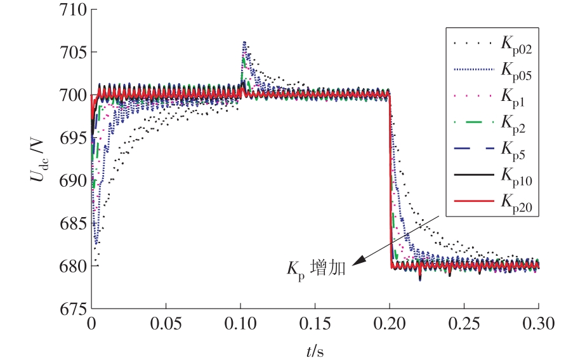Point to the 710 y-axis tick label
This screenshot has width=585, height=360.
point(71,10)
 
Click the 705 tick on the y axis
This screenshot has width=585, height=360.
point(71,53)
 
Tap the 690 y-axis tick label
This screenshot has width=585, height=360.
point(71,180)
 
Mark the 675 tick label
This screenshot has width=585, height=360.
point(71,309)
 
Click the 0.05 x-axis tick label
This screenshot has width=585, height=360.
point(166,324)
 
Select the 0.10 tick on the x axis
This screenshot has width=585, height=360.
point(240,324)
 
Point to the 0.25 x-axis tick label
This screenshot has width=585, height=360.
point(464,324)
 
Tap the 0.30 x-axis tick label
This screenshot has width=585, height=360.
point(539,324)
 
